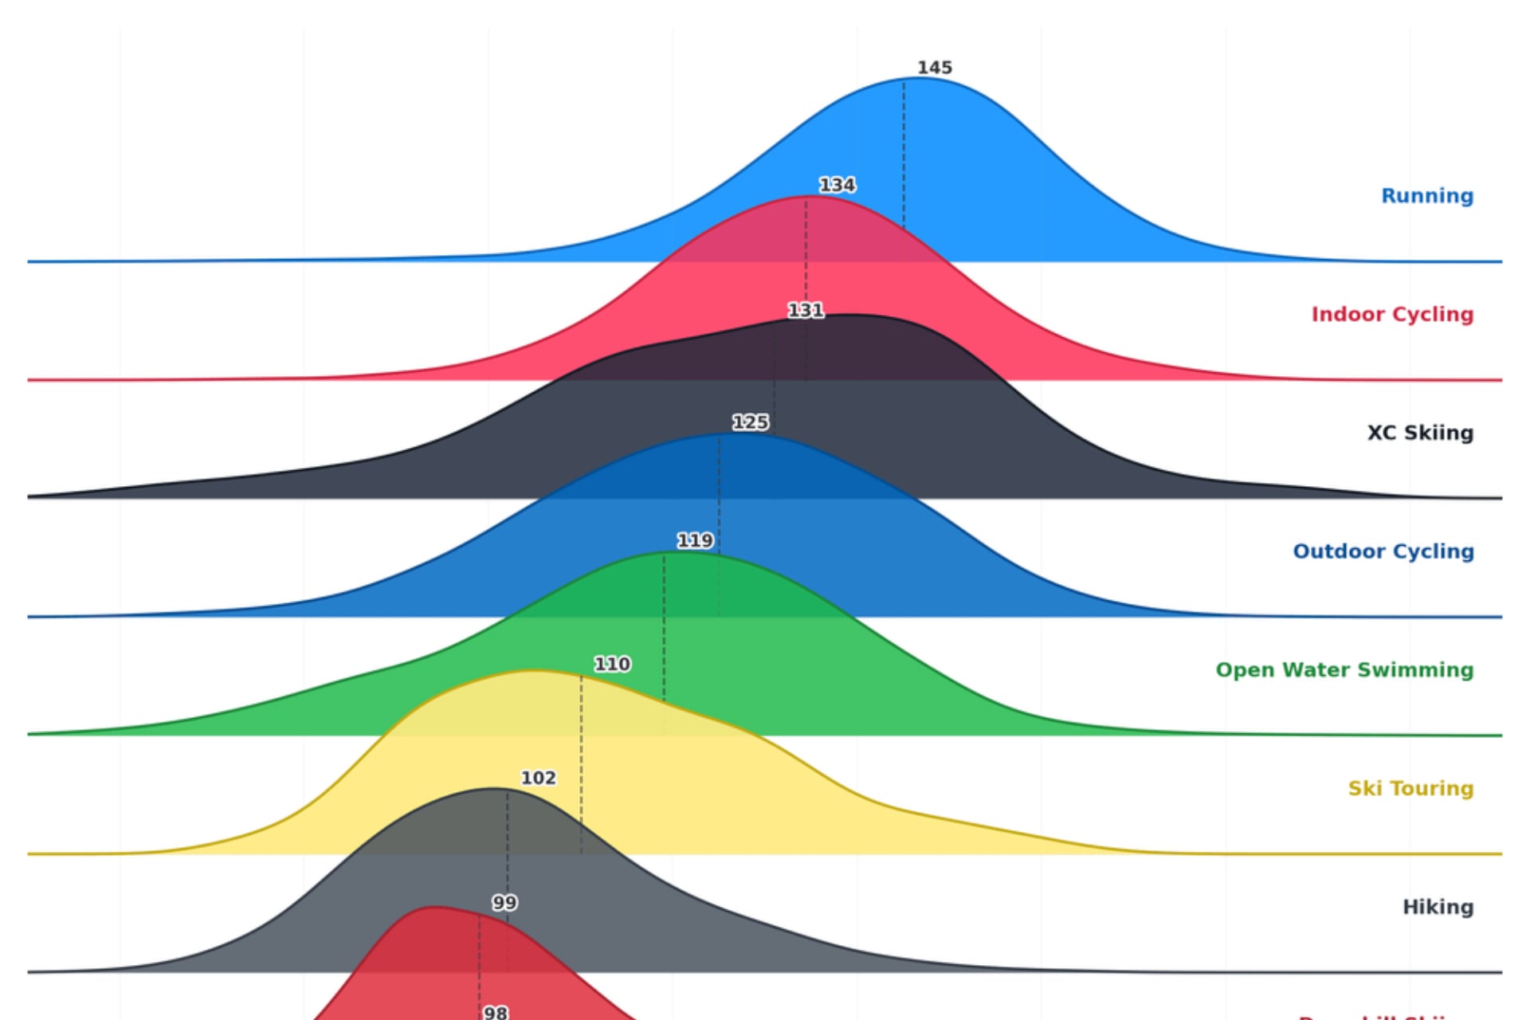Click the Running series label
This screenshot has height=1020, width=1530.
1426,196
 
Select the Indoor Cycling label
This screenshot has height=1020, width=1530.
1392,315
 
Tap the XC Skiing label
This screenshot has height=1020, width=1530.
1420,433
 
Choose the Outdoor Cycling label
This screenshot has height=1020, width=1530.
1383,551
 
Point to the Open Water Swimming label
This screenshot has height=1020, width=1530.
1344,670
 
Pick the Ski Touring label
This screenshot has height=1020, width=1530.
1410,789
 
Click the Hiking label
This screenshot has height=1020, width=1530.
1438,907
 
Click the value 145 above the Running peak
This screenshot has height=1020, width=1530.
935,68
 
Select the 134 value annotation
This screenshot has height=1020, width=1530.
838,185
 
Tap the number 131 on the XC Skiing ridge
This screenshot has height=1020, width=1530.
806,310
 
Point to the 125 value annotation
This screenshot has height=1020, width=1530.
750,422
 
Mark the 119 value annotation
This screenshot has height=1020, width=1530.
695,541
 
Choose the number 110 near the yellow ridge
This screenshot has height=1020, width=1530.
612,664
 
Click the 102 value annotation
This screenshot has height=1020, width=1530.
539,778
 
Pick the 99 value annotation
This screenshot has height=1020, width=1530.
504,903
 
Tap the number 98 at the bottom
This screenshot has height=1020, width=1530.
495,1013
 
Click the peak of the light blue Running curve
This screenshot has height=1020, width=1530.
920,78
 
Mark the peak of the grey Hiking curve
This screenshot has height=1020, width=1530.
494,789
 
